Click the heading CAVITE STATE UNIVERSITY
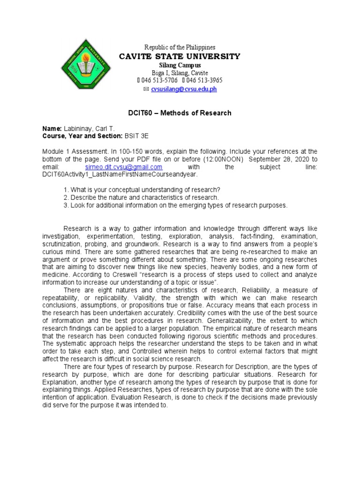180,57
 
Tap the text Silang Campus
180,65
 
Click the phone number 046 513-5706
157,81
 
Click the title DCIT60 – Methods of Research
180,113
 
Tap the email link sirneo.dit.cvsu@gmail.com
124,167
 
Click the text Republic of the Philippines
180,48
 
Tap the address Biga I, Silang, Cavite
180,73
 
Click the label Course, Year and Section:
82,136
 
